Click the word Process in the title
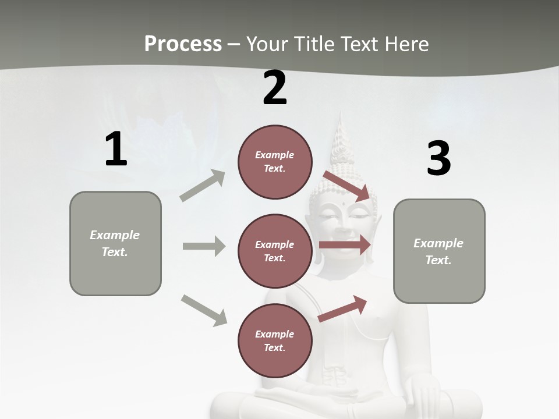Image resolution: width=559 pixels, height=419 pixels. [183, 44]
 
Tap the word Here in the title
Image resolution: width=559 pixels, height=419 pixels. [406, 44]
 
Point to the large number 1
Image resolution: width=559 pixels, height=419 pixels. [116, 150]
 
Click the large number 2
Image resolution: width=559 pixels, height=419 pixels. [275, 88]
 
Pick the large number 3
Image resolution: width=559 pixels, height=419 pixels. [438, 159]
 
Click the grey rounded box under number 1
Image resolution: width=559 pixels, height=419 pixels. [115, 243]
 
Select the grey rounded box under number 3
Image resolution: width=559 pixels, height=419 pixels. [439, 251]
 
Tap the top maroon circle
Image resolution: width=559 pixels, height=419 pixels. [275, 162]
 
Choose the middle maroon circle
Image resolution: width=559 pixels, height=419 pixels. [275, 251]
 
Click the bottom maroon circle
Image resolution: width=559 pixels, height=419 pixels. [275, 341]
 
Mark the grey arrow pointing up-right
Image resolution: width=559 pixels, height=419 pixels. [203, 186]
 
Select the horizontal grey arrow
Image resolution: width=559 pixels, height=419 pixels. [204, 246]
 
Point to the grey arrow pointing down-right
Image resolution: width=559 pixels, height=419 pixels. [204, 310]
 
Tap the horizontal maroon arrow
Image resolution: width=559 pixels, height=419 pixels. [345, 245]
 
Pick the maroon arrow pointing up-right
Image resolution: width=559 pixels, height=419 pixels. [343, 308]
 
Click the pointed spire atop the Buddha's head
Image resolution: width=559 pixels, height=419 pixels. [341, 137]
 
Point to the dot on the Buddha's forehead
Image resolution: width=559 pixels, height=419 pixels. [344, 204]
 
